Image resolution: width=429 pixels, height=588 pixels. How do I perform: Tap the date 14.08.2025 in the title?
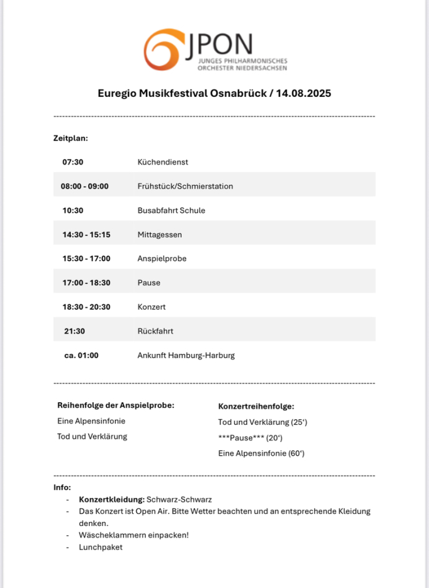301,94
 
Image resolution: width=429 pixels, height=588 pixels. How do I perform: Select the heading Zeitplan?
70,138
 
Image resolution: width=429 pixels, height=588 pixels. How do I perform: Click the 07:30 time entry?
73,162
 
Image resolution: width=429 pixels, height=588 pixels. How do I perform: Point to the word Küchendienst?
163,162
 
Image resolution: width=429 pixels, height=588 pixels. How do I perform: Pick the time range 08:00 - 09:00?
84,186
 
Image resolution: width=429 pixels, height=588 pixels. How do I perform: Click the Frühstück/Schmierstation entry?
185,186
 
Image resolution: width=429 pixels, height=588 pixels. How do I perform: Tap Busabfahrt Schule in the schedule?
171,210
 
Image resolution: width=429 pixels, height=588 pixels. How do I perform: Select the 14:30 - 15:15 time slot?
86,235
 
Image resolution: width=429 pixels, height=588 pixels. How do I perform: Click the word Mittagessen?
160,235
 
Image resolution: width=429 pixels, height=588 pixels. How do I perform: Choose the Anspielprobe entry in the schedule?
161,258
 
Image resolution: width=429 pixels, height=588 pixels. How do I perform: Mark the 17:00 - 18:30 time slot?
86,283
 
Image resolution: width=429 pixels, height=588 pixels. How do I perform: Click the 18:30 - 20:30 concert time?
86,307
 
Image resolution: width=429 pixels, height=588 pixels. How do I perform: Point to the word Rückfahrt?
155,331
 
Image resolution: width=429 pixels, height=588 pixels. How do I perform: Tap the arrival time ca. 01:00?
81,356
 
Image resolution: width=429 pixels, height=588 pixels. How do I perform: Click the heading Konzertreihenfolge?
256,407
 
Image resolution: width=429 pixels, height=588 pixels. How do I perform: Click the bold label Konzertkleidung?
112,499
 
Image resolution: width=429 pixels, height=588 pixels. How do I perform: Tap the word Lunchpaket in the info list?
101,547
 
